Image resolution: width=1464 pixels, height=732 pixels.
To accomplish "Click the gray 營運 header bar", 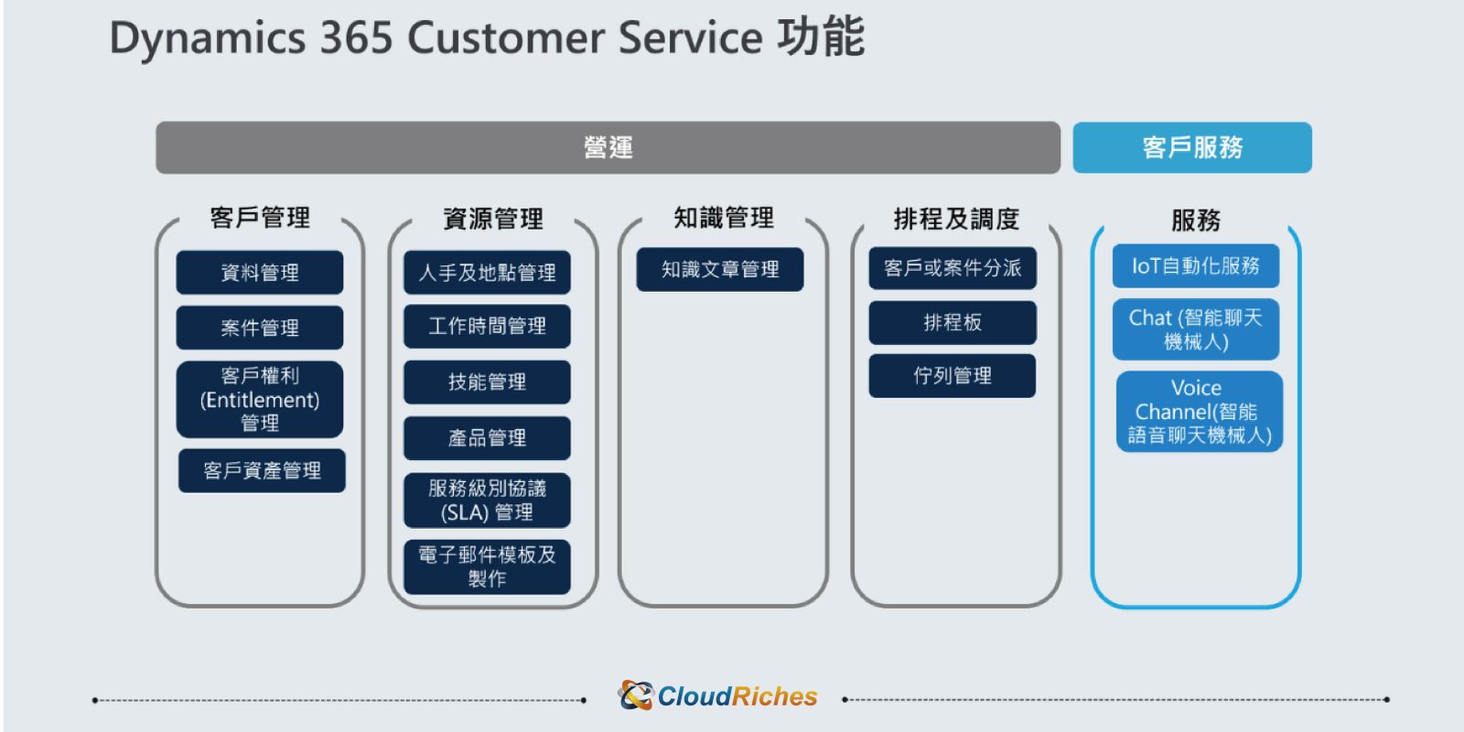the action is click(x=608, y=147).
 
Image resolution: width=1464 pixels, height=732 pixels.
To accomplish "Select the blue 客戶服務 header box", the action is click(x=1192, y=147).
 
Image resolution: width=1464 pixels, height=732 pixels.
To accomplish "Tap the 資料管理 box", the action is click(x=260, y=273).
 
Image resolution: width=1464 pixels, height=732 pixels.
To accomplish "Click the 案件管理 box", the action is click(x=260, y=328).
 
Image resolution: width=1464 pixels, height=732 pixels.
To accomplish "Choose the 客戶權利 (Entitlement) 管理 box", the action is click(x=260, y=399).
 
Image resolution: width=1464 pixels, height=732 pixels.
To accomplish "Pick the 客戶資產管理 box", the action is click(x=262, y=470).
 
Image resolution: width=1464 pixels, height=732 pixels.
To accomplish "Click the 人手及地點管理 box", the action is click(x=487, y=273).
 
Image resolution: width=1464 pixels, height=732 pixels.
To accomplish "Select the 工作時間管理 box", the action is click(x=487, y=326).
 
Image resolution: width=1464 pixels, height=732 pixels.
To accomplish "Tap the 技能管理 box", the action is click(x=487, y=382).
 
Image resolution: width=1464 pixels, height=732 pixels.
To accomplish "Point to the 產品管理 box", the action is click(x=487, y=438).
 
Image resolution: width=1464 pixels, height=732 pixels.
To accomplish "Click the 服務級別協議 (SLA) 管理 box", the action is click(x=487, y=500).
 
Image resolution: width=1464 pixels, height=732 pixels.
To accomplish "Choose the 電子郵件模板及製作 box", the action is click(x=487, y=566).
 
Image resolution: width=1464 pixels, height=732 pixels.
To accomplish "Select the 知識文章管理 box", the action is click(x=719, y=269).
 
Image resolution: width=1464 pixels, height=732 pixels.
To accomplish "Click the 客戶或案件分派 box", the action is click(x=953, y=268).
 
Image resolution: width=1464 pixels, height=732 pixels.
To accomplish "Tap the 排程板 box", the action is click(x=953, y=322).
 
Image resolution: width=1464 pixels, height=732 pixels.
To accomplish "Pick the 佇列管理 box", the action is click(x=953, y=376).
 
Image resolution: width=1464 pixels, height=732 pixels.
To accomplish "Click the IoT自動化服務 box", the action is click(x=1195, y=266).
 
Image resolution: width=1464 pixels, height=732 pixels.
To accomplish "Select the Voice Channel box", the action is click(x=1200, y=411).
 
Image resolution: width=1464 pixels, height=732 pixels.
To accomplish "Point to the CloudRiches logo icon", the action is click(x=635, y=695).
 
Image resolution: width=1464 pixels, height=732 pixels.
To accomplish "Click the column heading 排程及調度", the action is click(x=956, y=219).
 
